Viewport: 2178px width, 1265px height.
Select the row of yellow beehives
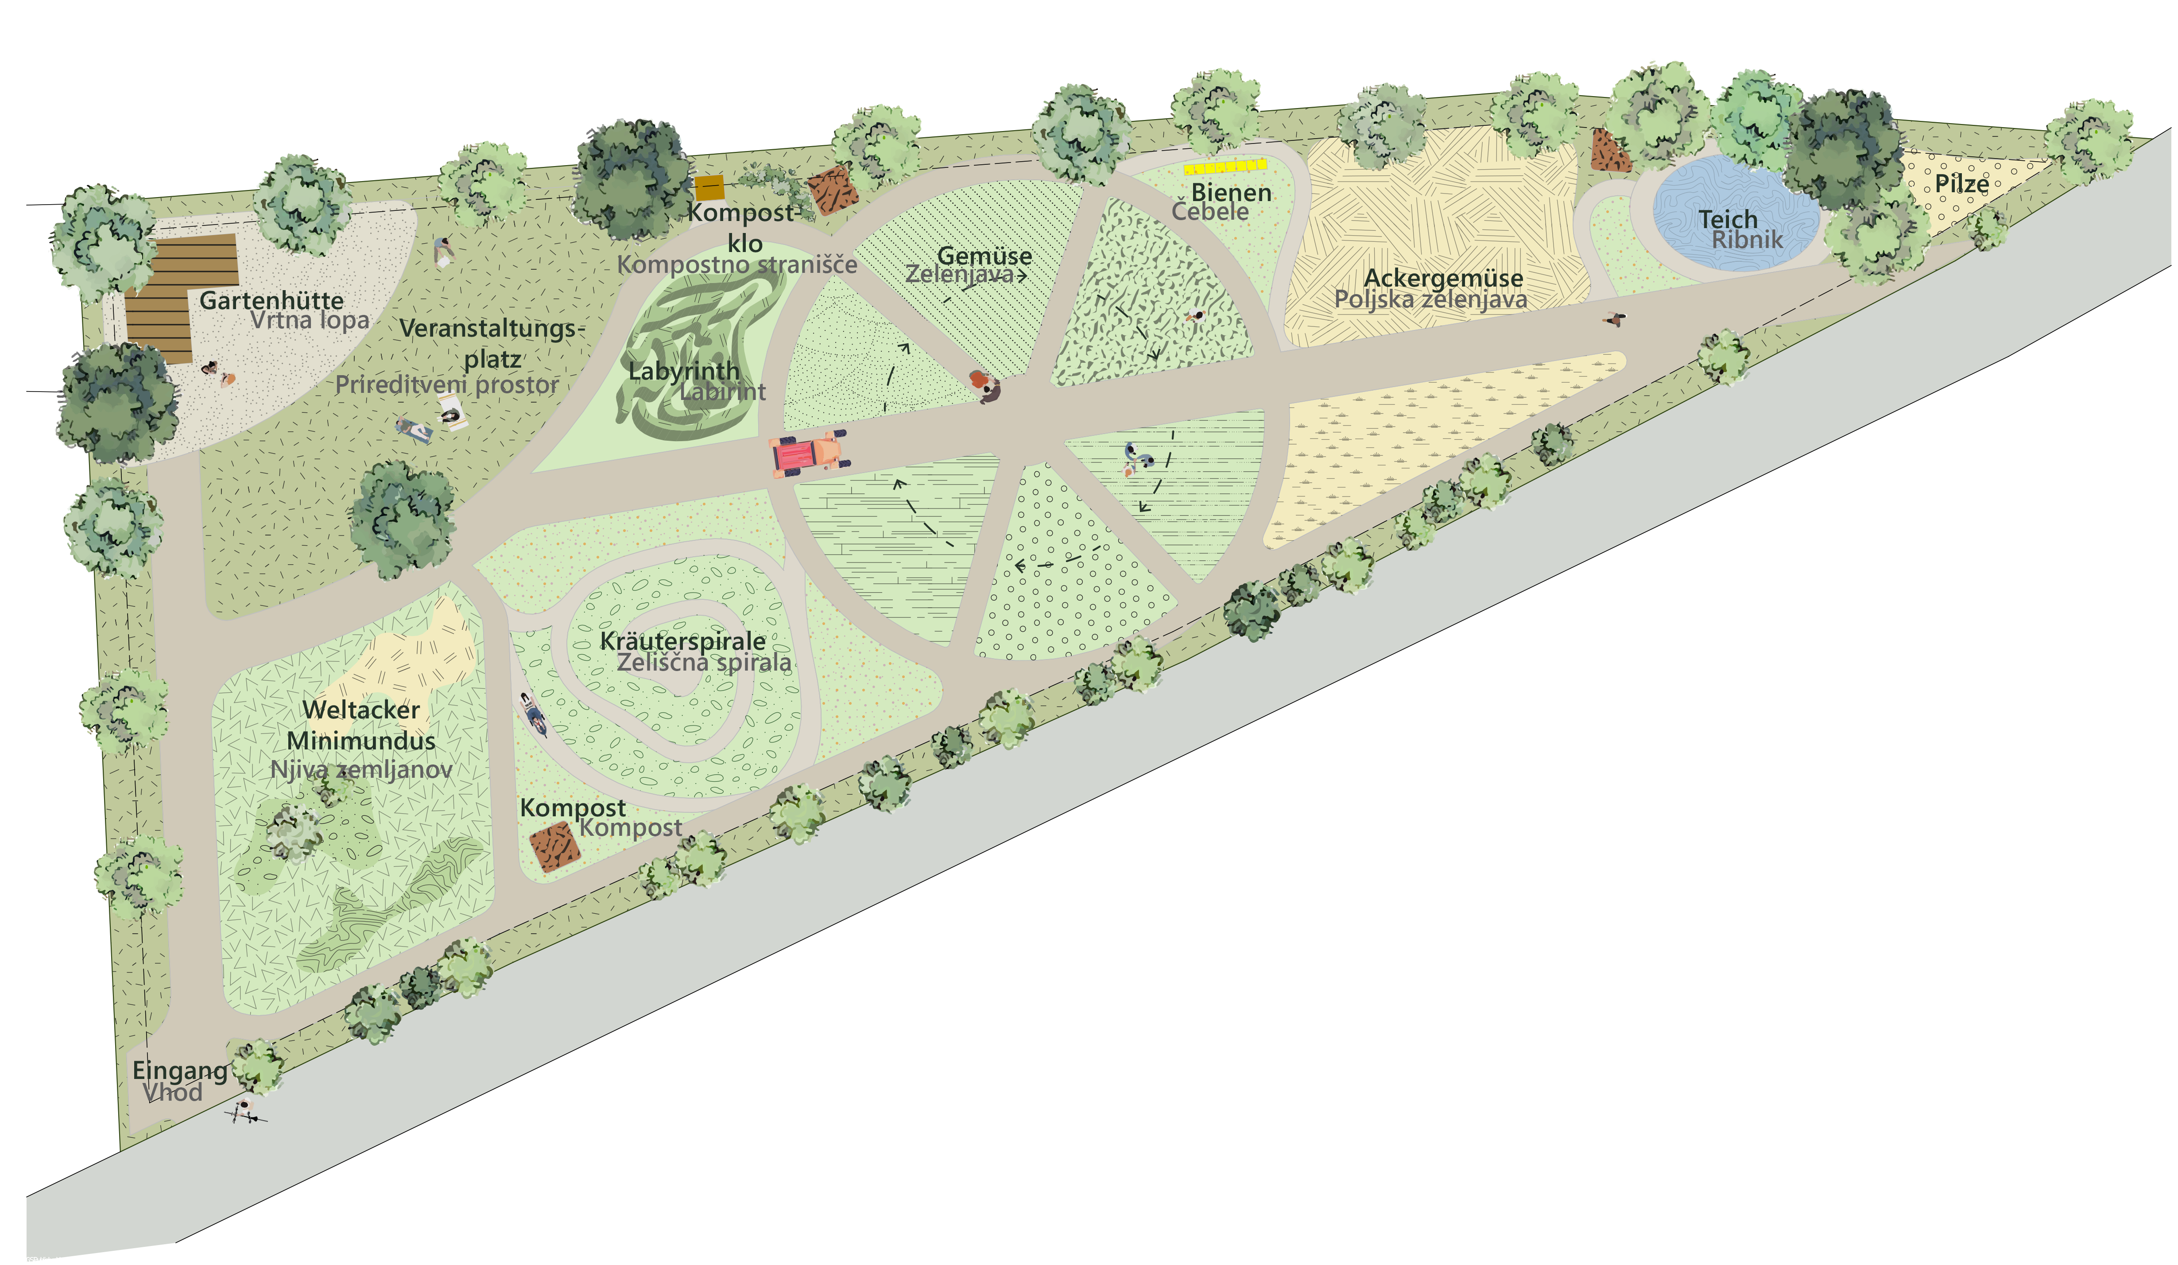click(1225, 166)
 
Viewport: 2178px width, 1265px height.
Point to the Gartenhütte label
click(271, 301)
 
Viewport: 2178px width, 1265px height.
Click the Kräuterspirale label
click(683, 641)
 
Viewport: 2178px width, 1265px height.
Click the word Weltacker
click(361, 710)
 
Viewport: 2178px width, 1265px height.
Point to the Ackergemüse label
click(1443, 279)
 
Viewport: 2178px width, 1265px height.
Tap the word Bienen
click(1231, 193)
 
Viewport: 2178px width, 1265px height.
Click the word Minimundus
click(361, 741)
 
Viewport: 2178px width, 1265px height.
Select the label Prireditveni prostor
click(447, 385)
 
